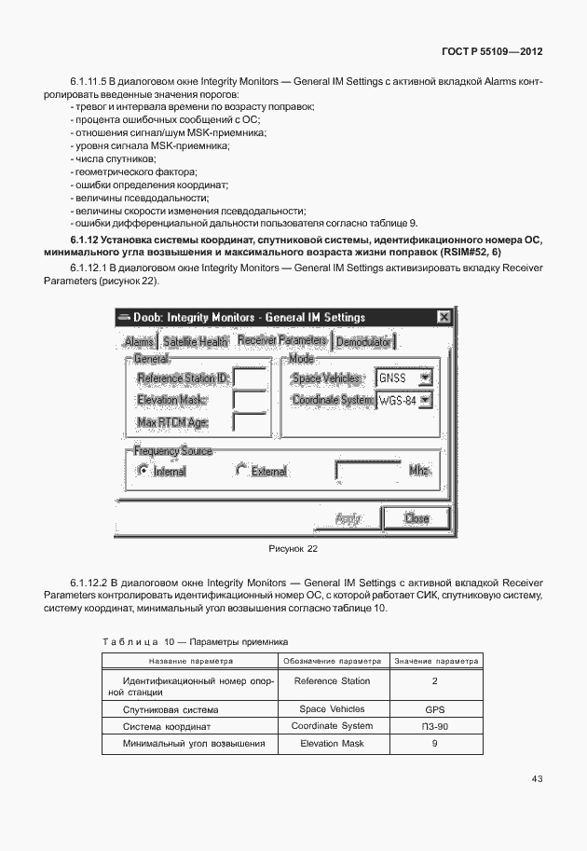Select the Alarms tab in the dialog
point(139,342)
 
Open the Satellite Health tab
point(196,342)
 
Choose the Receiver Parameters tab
point(281,340)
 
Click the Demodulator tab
point(363,342)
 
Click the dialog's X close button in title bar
point(443,317)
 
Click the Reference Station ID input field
point(249,377)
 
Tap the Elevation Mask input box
point(249,400)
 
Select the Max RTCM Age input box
point(249,422)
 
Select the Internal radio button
point(143,471)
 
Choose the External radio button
point(241,471)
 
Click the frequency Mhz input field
point(368,471)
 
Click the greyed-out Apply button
point(348,518)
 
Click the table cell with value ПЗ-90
point(434,726)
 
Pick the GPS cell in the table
point(434,709)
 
